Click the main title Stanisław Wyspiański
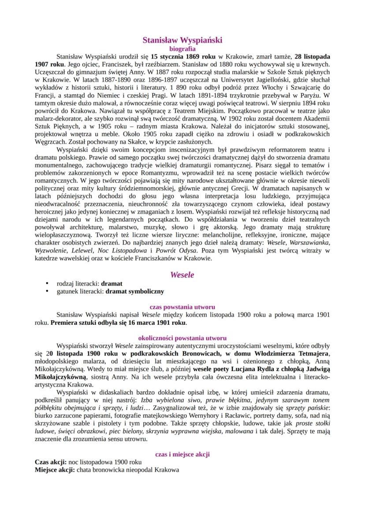(x=182, y=40)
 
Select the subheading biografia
(x=182, y=49)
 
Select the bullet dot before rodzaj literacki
(x=47, y=284)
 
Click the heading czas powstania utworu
(x=182, y=307)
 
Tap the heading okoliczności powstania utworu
(x=182, y=338)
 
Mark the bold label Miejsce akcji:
(x=55, y=470)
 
